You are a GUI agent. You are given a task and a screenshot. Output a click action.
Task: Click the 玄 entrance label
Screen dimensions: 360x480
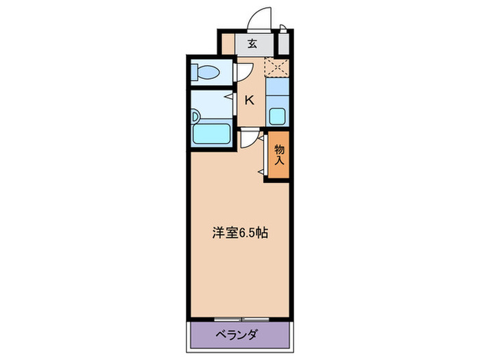click(x=252, y=45)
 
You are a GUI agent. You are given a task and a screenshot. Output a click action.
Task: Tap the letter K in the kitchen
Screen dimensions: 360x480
click(x=250, y=100)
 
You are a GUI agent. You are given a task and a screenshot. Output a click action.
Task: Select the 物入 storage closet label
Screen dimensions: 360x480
click(x=280, y=155)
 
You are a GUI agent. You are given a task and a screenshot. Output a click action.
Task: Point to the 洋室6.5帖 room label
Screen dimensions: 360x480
click(x=239, y=232)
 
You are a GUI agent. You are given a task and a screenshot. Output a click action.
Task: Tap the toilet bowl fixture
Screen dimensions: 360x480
click(x=206, y=71)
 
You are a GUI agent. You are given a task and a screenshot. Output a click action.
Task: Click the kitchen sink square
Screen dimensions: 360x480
click(x=278, y=115)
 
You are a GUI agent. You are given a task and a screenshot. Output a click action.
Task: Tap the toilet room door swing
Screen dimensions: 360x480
click(x=243, y=71)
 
